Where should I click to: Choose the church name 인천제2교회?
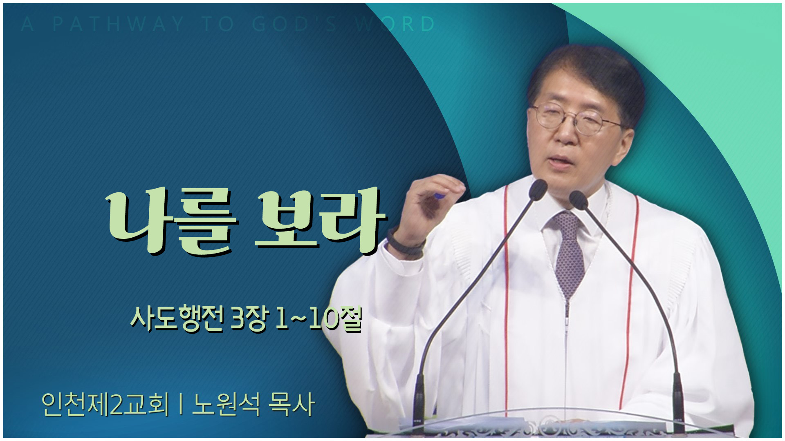coord(105,404)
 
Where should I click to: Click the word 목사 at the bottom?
coord(292,404)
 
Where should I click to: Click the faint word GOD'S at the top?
coord(295,24)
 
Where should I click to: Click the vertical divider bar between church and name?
coord(180,405)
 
